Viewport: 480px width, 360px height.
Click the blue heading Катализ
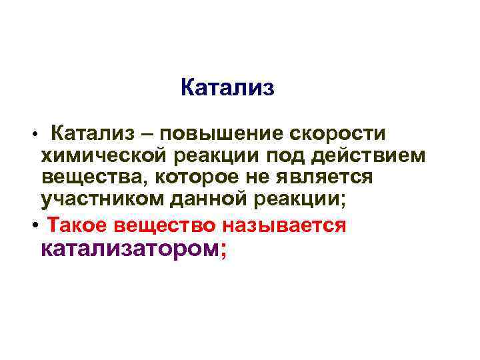227,88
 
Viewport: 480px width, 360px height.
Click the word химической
105,156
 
